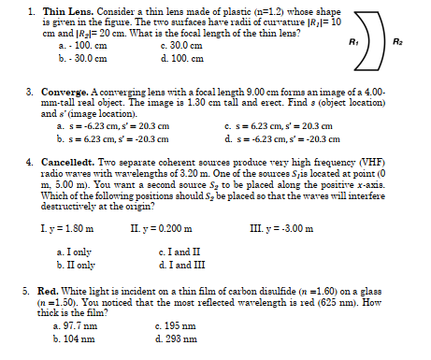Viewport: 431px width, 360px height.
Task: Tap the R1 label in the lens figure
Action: (351, 43)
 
